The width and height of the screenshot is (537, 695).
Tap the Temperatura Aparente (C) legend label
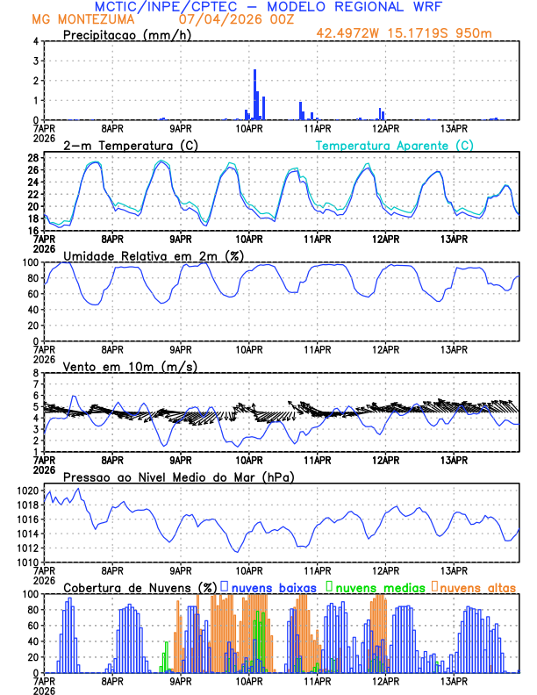click(395, 145)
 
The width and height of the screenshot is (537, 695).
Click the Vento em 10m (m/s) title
click(130, 366)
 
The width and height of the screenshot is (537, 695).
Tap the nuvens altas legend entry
click(474, 587)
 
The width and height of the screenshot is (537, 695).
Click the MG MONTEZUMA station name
click(82, 18)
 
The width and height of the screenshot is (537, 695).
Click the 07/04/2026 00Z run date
click(233, 18)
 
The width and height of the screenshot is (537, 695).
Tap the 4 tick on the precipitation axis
click(36, 41)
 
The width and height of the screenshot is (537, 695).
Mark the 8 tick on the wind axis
click(36, 373)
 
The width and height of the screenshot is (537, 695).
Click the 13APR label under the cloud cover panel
click(454, 681)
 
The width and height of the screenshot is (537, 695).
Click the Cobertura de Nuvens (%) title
click(141, 587)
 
